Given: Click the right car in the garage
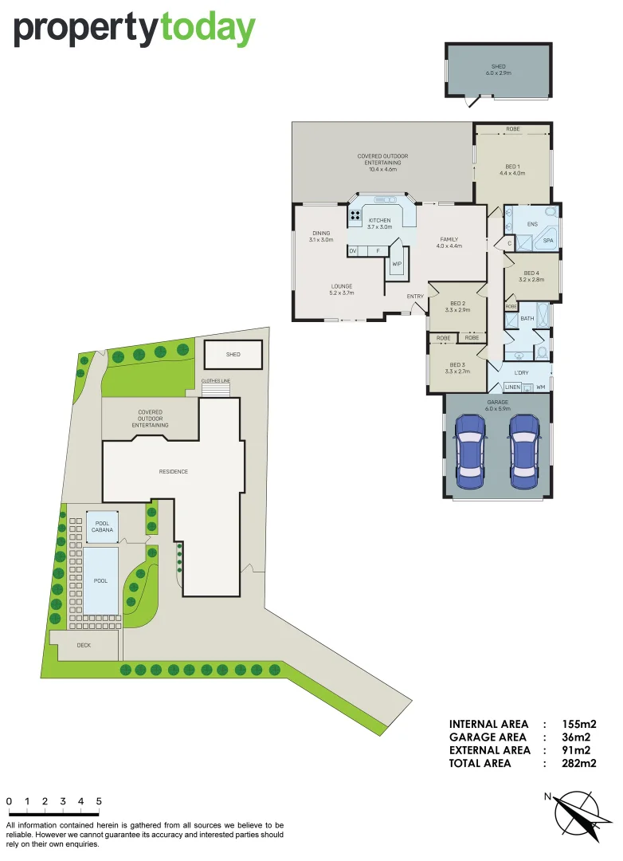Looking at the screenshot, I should point(523,453).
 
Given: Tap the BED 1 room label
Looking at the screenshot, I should point(512,169).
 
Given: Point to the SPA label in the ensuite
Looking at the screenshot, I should point(548,240).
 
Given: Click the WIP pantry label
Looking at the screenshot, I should point(396,264).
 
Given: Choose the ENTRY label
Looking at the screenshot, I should point(415,297).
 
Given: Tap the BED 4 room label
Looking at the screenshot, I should point(531,276).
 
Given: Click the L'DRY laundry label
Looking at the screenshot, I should point(521,373).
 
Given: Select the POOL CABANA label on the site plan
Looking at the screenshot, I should point(101,525).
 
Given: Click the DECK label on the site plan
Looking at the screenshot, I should point(84,645).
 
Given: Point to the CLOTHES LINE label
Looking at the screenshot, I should point(216,381).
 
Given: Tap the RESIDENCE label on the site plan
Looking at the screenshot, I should point(173,471).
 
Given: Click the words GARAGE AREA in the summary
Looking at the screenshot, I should point(489,737).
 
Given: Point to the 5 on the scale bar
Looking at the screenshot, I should point(99,801).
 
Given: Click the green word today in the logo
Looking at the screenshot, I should point(207,29).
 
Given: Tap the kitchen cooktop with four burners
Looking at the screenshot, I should point(355,214).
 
